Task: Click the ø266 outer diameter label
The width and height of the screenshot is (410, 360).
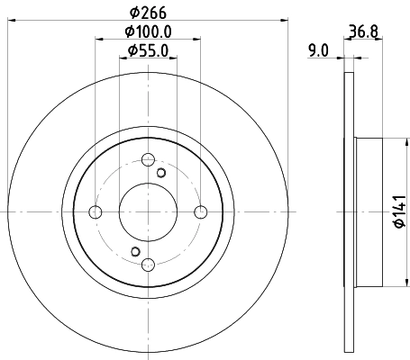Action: (x=149, y=13)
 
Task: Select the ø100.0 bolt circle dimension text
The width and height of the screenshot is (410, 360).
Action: (x=149, y=32)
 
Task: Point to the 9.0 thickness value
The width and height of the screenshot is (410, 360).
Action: (x=317, y=51)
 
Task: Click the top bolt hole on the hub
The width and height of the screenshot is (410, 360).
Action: (x=148, y=160)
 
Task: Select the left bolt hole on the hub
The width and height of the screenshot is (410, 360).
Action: (x=96, y=212)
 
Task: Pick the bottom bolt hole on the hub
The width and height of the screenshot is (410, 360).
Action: (x=148, y=265)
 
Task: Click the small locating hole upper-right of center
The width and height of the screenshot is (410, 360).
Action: (x=161, y=173)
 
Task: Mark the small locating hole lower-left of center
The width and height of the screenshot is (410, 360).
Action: (x=134, y=251)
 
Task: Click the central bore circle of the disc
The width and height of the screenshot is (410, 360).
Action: (x=148, y=212)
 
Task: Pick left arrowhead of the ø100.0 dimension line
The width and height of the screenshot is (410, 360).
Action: (x=98, y=41)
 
